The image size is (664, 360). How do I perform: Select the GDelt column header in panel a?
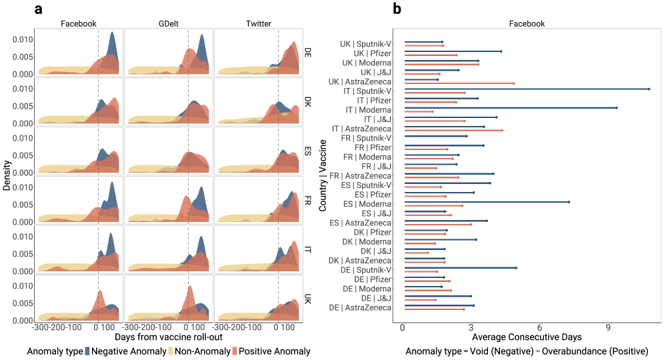point(168,23)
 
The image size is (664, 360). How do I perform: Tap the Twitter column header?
point(258,23)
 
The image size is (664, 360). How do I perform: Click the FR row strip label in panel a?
point(307,199)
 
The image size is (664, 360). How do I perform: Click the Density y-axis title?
point(7,175)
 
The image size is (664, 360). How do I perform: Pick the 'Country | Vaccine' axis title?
point(322,175)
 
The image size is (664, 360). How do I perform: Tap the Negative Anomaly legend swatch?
point(88,351)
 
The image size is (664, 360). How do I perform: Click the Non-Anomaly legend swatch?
point(171,351)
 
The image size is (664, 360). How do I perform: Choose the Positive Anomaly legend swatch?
point(234,351)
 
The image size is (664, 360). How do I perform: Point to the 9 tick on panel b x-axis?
point(608,327)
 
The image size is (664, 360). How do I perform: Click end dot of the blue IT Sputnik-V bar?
point(649,89)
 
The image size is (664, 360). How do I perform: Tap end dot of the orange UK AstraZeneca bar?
point(513,83)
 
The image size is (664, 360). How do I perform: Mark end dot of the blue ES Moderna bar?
point(569,202)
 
